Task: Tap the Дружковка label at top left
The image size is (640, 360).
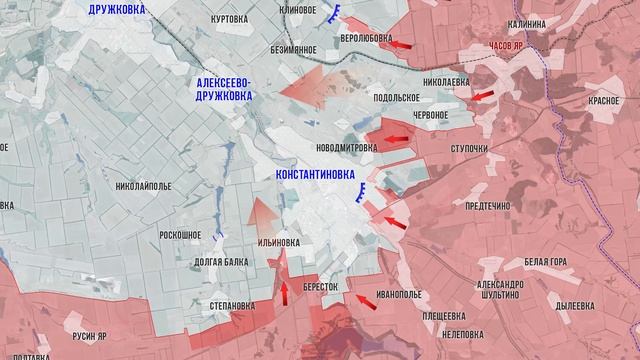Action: point(129,9)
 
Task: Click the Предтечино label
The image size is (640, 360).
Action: point(488,206)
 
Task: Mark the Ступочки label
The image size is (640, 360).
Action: point(469,150)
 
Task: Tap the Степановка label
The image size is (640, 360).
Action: point(225,305)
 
